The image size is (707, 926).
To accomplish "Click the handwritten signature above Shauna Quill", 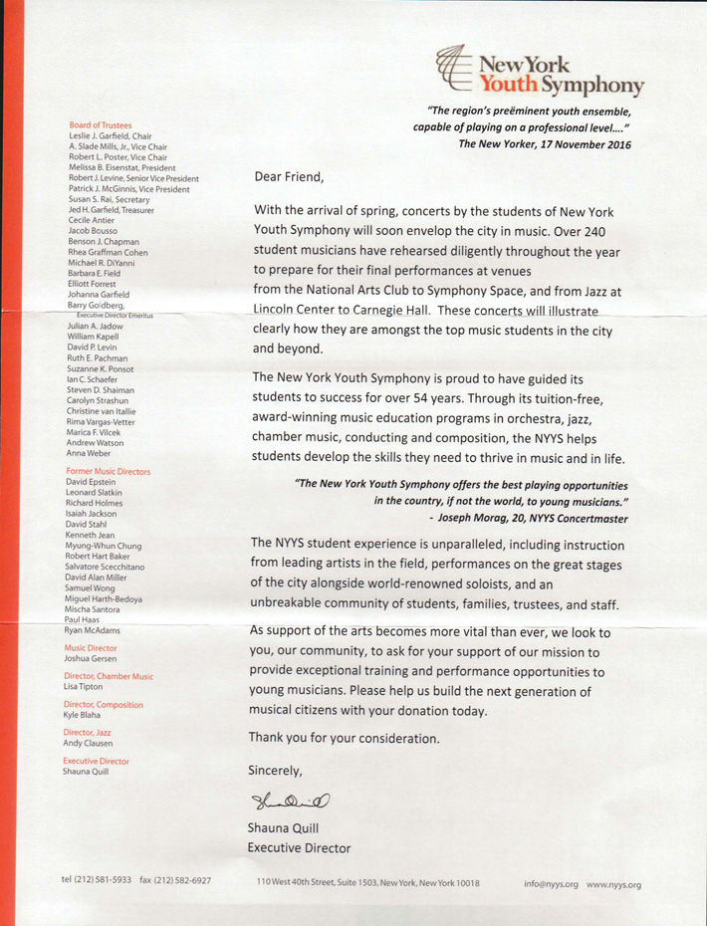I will (289, 794).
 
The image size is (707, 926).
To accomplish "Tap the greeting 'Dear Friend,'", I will (290, 177).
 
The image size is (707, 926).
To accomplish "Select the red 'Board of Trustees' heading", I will (95, 125).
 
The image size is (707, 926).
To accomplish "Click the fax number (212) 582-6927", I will (185, 881).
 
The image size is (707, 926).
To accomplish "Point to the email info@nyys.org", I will (552, 883).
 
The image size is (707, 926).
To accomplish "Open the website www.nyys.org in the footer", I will (613, 883).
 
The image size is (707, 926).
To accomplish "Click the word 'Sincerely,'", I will (276, 770).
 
